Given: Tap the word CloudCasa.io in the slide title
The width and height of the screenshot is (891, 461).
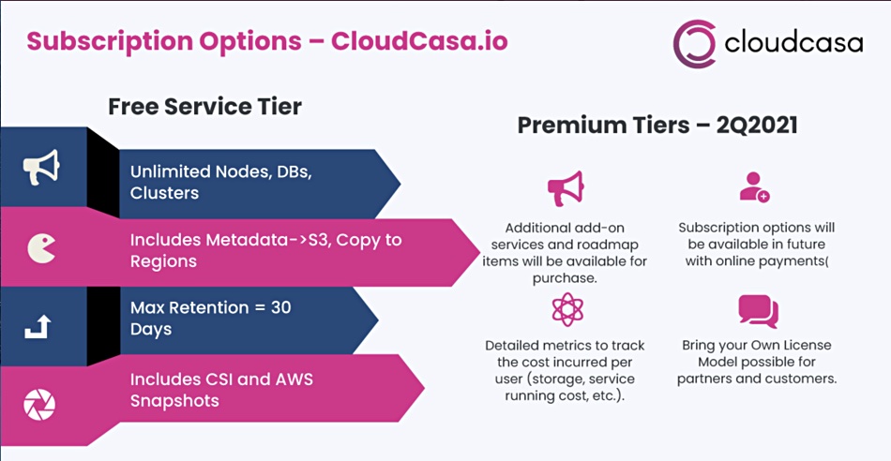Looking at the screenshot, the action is point(419,41).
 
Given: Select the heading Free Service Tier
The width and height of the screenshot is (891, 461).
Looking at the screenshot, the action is point(204,106).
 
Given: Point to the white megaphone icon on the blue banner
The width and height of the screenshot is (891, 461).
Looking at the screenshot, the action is point(40,167).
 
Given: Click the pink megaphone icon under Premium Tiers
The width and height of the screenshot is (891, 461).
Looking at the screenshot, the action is point(566,188).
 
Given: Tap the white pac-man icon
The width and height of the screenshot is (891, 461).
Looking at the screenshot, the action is point(41,248).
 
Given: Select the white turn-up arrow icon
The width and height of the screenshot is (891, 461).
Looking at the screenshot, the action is point(38,326).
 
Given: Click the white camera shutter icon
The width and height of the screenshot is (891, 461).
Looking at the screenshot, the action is point(39,405).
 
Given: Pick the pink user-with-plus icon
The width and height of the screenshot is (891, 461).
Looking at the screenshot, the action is point(755,186).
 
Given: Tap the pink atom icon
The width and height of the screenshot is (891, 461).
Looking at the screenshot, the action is point(567,309).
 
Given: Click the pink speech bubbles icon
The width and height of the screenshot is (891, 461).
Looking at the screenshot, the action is point(758,311).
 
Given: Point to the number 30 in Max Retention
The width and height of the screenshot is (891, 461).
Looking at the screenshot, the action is point(280,307).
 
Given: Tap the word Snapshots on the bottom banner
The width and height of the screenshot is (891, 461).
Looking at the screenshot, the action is point(174,401).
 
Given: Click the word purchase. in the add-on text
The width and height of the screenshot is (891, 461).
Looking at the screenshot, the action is point(565,279).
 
